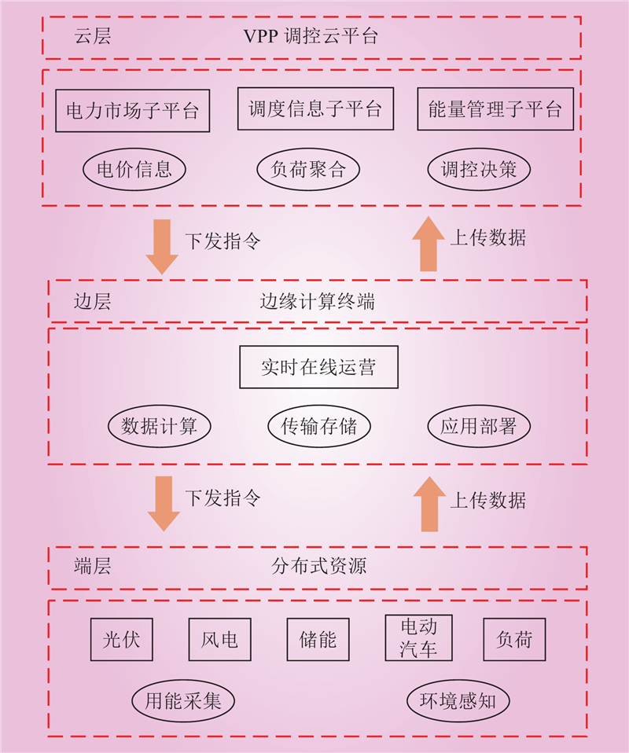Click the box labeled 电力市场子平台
coord(133,111)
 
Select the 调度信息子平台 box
coord(315,108)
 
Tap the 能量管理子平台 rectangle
coord(495,108)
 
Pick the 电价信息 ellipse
coord(134,169)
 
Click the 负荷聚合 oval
coord(308,169)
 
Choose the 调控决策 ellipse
coord(479,169)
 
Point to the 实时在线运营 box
coord(318,367)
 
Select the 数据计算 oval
coord(159,426)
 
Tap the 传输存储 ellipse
coord(319,426)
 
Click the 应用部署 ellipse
coord(479,426)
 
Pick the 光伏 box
coord(122,639)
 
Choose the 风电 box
coord(219,639)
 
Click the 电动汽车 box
coord(418,637)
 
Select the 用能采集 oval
coord(183,700)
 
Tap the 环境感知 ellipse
coord(458,700)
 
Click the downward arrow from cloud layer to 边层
coord(162,247)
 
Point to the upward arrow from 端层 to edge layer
coord(429,504)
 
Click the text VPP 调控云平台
coord(311,36)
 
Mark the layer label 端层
coord(92,566)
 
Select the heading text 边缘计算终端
coord(318,302)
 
